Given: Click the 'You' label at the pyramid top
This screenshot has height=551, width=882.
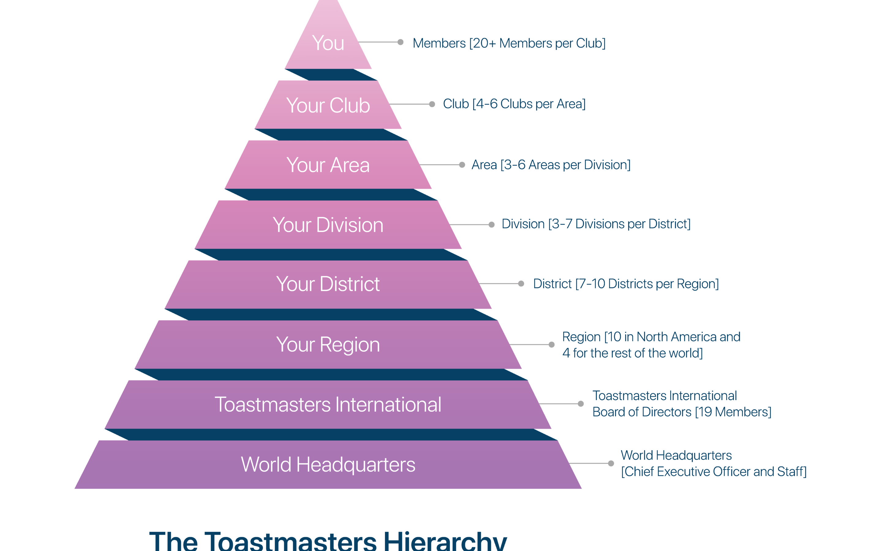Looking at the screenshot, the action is point(328,43).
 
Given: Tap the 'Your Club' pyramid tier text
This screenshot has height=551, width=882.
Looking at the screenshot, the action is point(328,105).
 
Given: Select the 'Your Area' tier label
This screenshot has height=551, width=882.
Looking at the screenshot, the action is point(328,165).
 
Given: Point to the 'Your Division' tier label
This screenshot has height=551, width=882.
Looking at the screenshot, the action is point(328,225).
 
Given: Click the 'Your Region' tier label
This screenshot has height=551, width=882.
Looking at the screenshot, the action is point(328,345).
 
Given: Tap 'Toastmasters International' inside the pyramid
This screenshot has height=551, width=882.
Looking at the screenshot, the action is point(328,404).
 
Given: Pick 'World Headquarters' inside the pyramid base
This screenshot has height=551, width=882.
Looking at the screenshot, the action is point(328,465).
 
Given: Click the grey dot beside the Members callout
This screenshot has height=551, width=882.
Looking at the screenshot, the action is point(401,42).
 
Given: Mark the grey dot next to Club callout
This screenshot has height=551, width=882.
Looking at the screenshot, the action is point(432,104).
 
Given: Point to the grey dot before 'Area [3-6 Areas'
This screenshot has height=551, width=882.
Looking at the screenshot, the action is point(462,165).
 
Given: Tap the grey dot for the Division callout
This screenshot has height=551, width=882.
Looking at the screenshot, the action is point(492,224).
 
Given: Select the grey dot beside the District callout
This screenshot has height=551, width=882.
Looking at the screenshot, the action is point(521,283).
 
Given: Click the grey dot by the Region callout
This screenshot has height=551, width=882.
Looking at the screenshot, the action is point(552,344).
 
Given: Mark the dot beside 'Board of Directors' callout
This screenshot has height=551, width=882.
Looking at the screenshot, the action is point(581,404).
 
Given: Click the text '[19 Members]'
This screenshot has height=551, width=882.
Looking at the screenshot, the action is point(733,412).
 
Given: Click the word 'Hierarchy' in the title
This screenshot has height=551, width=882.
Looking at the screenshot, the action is point(445,542).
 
